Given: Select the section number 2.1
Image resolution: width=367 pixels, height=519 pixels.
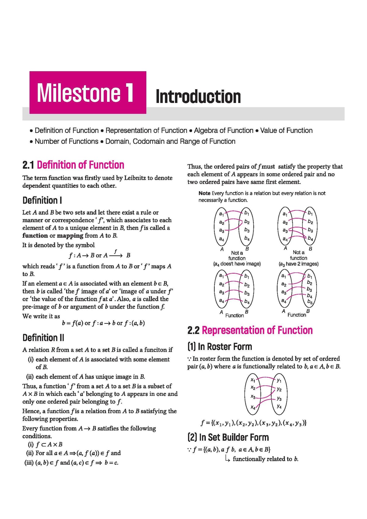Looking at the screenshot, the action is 28,165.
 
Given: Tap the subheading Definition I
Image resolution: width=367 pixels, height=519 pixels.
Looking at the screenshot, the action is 42,200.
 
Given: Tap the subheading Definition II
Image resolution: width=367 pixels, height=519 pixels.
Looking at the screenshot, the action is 43,337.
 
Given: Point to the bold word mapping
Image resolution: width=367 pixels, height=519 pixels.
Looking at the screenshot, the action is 70,236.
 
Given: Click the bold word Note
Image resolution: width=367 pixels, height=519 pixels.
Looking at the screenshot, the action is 204,193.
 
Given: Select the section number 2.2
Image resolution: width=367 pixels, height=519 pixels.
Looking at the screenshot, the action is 193,330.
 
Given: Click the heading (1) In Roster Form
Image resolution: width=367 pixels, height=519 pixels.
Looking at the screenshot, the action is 220,347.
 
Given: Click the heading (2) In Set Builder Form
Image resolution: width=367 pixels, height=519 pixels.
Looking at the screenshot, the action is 228,437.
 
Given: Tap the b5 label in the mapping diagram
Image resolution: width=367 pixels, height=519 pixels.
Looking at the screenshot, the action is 310,302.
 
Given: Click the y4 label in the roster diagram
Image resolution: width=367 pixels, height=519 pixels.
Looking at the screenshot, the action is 279,406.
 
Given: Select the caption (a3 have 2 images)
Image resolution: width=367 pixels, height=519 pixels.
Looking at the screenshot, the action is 298,264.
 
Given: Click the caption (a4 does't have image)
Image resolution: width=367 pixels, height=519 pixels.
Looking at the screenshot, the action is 237,264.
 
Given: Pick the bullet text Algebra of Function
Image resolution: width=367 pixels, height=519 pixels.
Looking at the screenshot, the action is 224,131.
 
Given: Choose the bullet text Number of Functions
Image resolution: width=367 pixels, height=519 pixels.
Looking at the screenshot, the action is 66,141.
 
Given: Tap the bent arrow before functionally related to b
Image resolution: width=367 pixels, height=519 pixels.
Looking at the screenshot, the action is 227,458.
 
